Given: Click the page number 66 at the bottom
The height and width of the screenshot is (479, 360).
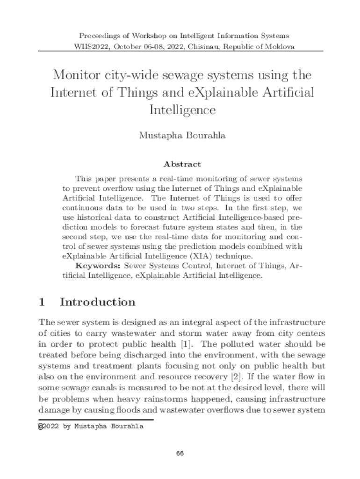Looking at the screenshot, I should (180, 454).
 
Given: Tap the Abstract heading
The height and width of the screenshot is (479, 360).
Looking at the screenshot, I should (182, 164).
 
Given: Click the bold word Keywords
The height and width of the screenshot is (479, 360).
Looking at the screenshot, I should (98, 266).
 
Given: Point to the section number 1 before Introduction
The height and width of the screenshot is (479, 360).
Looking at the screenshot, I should (42, 302).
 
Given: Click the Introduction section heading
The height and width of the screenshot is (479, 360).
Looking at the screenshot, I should (98, 302).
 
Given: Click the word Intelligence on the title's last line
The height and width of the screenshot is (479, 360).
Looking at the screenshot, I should (182, 110).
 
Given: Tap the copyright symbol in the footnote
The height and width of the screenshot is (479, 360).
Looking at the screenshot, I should (41, 427).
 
